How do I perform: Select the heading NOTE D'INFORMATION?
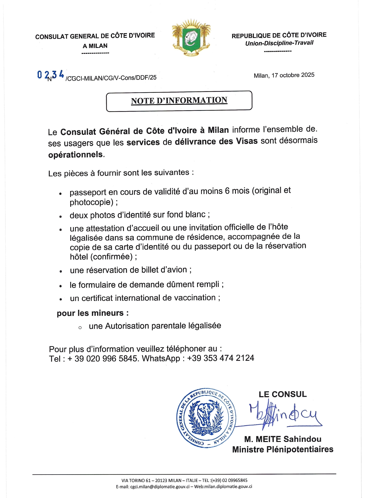coord(179,101)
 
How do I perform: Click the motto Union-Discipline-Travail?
coord(279,43)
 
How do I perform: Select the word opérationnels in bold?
coord(75,154)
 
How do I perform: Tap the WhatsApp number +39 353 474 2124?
coord(220,358)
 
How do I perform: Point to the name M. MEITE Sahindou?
coord(283,439)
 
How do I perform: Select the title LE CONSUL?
coord(283,394)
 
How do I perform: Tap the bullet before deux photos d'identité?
coord(60,217)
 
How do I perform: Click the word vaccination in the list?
coord(197,298)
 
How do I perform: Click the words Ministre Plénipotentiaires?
coord(283,449)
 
